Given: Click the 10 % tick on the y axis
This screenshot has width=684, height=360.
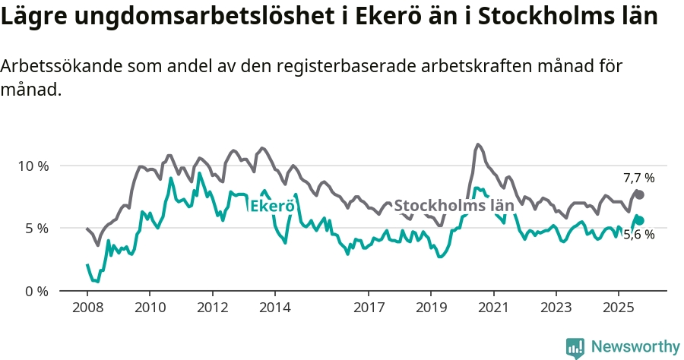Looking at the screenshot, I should (x=33, y=166).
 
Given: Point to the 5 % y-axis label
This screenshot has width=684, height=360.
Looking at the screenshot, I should (x=36, y=228).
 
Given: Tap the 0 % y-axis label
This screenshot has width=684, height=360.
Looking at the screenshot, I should (x=36, y=291).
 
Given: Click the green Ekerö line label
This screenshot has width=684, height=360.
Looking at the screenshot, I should (x=272, y=205).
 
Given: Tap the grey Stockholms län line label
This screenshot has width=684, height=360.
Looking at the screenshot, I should (x=454, y=205).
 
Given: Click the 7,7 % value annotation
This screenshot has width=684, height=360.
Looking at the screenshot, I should (x=638, y=178).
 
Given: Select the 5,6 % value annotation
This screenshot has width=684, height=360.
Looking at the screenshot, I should (x=638, y=235).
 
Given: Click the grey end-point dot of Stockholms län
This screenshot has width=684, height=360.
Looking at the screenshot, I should (x=640, y=195).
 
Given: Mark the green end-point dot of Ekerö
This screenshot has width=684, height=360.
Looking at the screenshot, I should (x=640, y=220).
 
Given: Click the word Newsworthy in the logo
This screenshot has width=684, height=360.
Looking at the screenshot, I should (x=635, y=347).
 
